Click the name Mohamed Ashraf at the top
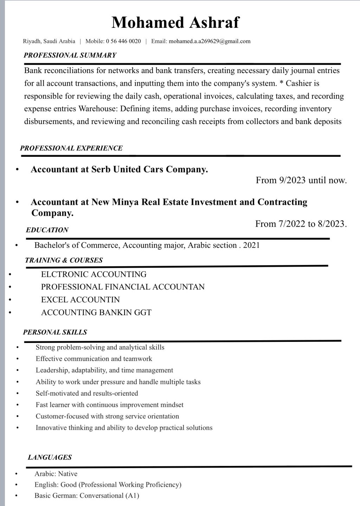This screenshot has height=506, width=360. [175, 22]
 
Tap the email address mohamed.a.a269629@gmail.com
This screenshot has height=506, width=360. [210, 41]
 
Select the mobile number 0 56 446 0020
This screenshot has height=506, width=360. [123, 41]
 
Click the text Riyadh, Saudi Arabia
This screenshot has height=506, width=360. [49, 41]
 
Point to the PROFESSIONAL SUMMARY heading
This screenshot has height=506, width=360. [70, 55]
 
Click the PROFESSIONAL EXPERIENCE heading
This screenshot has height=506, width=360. [71, 148]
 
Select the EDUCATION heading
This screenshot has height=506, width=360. [47, 230]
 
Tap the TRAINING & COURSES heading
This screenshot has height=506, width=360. [64, 260]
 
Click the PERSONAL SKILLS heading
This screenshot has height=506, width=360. [55, 332]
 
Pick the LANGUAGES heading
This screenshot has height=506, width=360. [50, 458]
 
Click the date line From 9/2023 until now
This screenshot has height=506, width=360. [301, 181]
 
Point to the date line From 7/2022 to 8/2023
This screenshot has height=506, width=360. [301, 224]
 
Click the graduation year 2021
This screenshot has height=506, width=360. [251, 245]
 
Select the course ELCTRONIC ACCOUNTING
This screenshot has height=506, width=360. [94, 274]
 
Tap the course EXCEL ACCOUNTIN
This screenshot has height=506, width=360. [80, 300]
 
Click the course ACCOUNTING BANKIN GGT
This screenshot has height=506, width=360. [96, 312]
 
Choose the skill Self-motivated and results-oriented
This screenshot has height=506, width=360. [86, 393]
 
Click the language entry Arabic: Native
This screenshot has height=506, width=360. [56, 474]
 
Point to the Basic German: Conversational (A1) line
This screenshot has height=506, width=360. [86, 496]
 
